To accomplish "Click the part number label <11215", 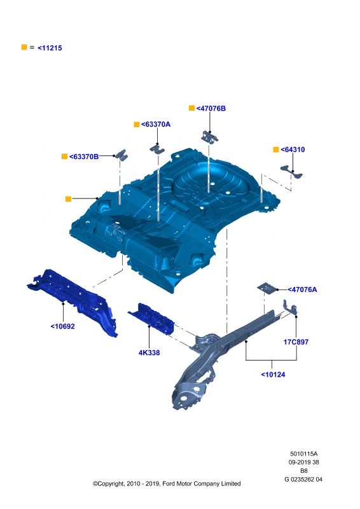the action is pyautogui.click(x=50, y=48).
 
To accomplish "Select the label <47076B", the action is pyautogui.click(x=211, y=108).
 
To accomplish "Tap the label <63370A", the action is pyautogui.click(x=156, y=124).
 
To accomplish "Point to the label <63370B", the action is pyautogui.click(x=84, y=157).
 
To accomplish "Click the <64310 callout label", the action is pyautogui.click(x=293, y=150).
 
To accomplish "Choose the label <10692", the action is pyautogui.click(x=63, y=326).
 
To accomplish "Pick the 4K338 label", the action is pyautogui.click(x=149, y=353).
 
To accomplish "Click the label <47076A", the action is pyautogui.click(x=303, y=289).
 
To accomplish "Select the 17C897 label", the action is pyautogui.click(x=296, y=342).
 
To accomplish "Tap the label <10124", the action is pyautogui.click(x=273, y=375).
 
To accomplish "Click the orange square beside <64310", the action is pyautogui.click(x=276, y=150).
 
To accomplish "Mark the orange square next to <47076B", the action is pyautogui.click(x=192, y=108).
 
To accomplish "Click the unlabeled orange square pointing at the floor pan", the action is pyautogui.click(x=68, y=199).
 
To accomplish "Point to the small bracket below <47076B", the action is pyautogui.click(x=209, y=137).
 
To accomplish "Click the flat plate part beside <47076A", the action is pyautogui.click(x=267, y=288).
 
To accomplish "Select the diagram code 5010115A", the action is pyautogui.click(x=304, y=454).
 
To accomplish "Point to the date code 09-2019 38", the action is pyautogui.click(x=304, y=463).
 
